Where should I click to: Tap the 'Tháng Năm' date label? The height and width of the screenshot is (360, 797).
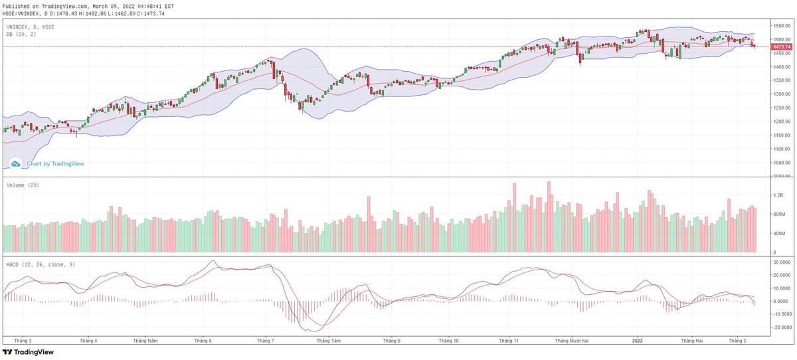[x=145, y=340]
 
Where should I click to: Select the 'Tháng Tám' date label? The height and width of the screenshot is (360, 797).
[x=329, y=340]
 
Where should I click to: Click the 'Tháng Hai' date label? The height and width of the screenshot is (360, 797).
[x=691, y=340]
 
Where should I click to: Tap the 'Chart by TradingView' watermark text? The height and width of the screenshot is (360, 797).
[x=55, y=163]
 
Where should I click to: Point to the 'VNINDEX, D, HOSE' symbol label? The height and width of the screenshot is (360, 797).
[x=31, y=27]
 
